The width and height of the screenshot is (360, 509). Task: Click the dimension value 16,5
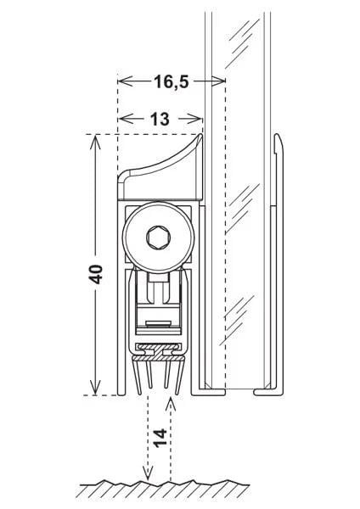pos(171,81)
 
